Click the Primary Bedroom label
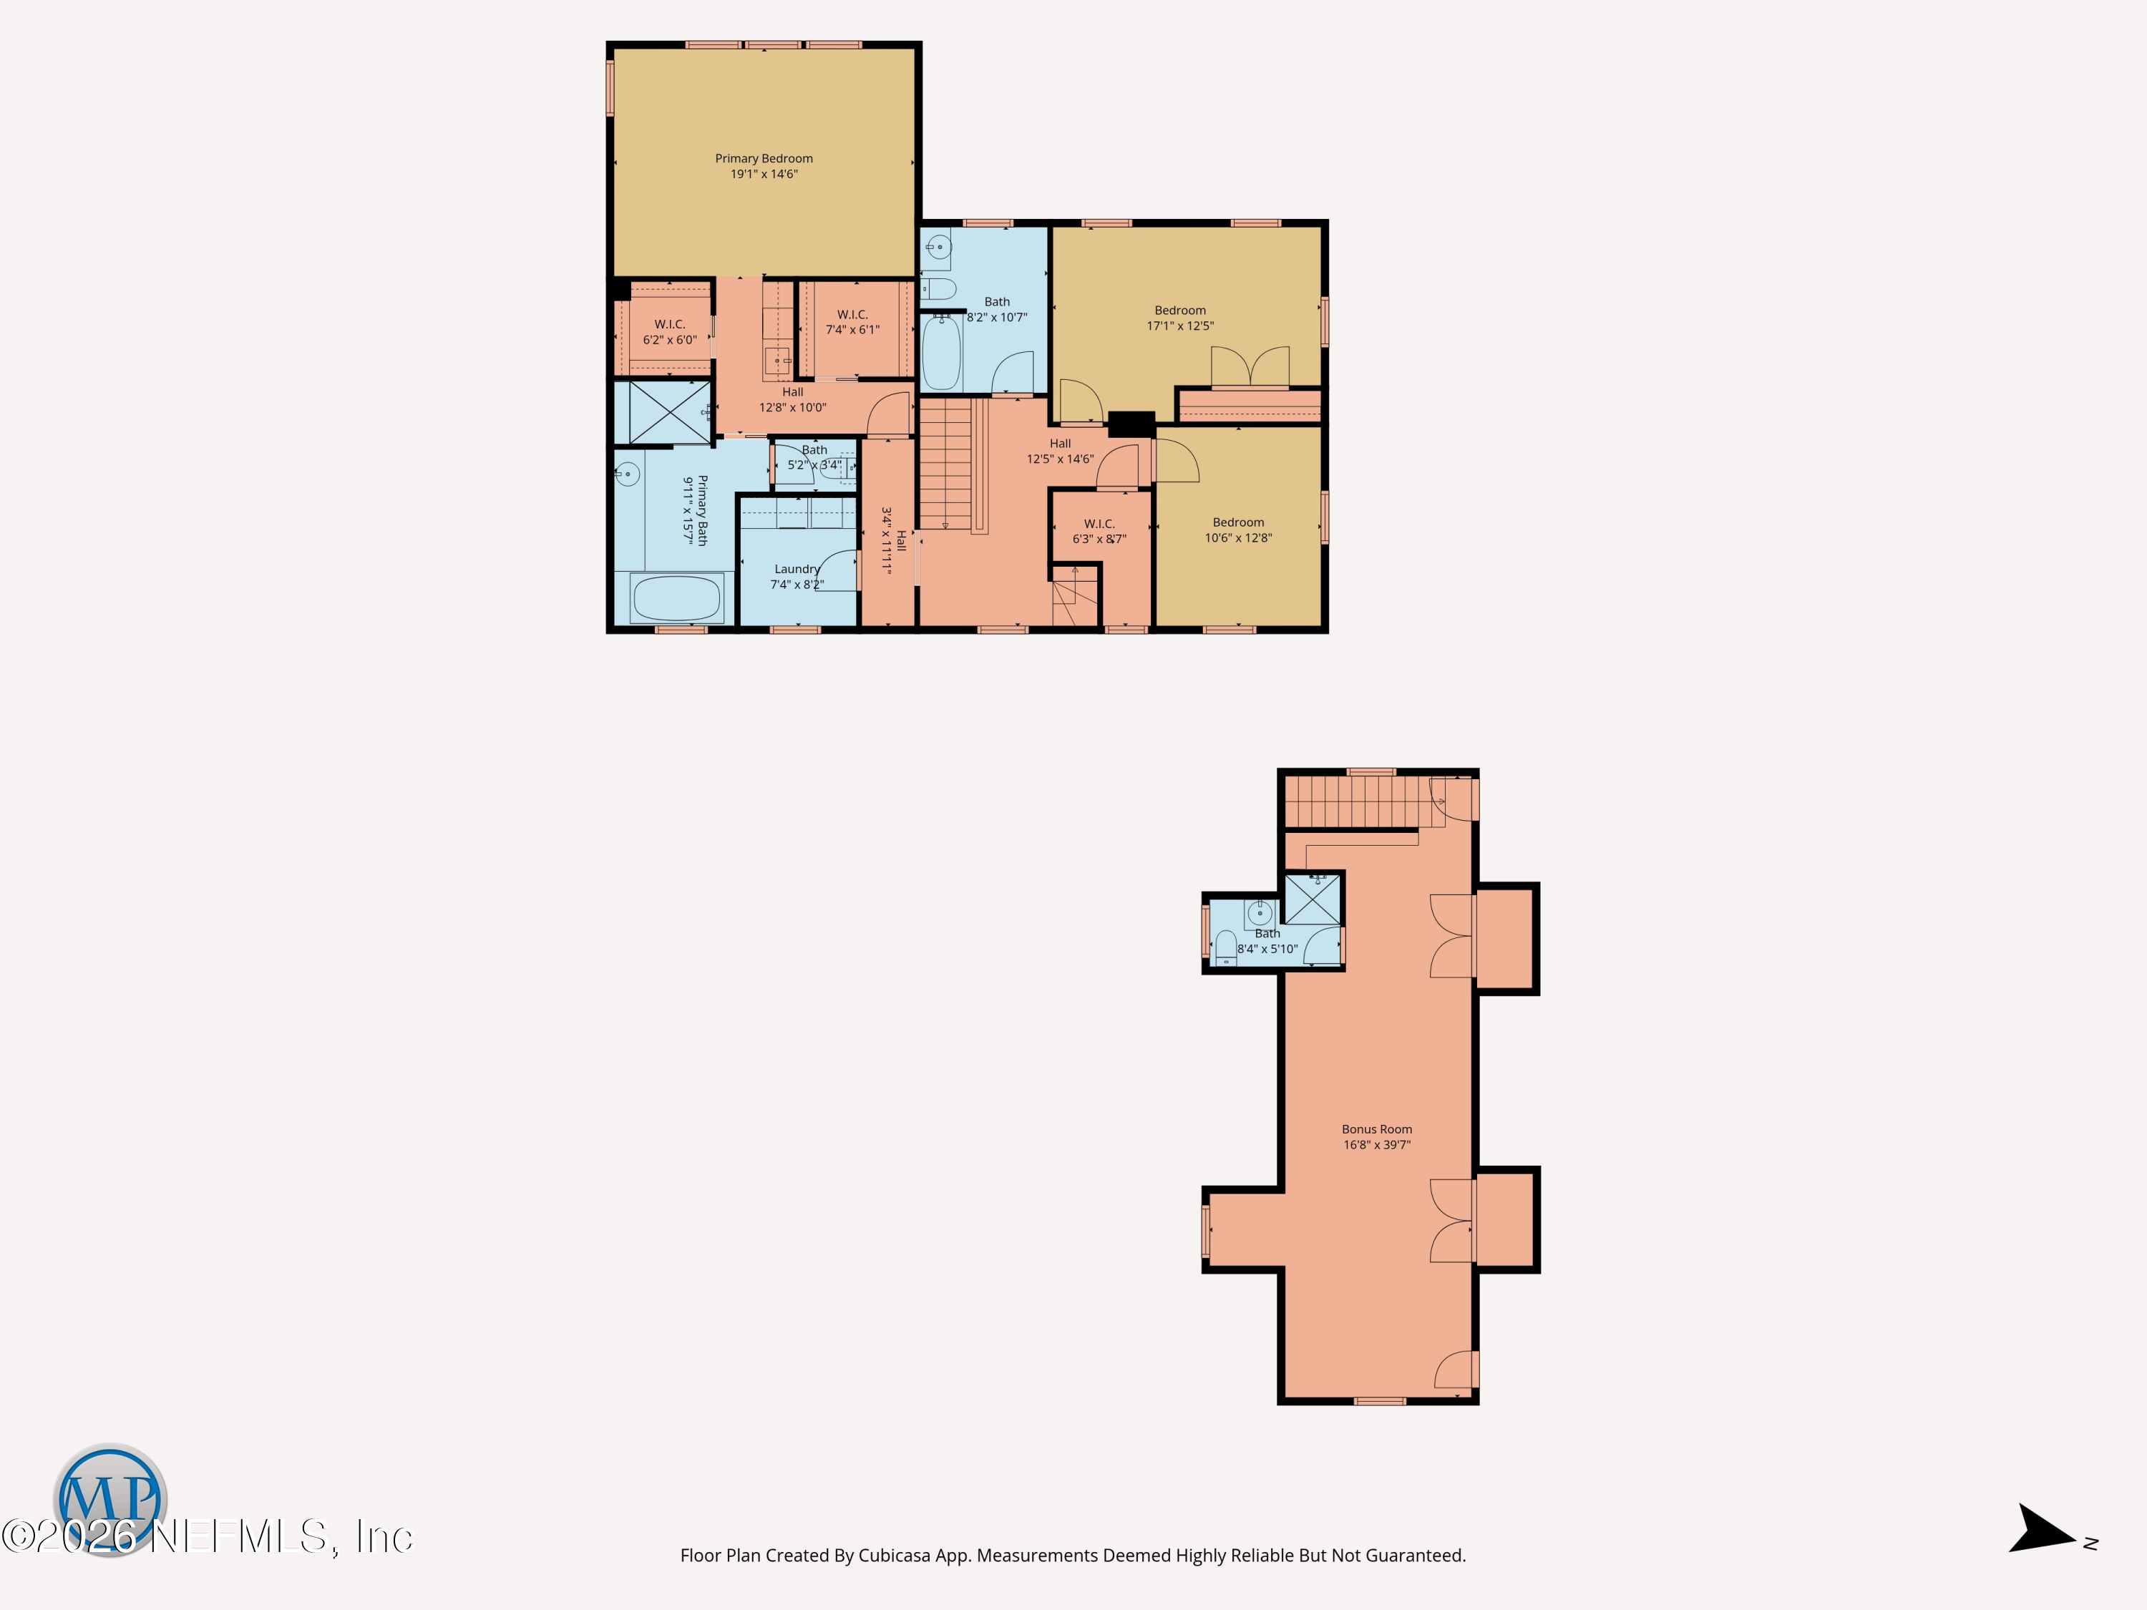pyautogui.click(x=764, y=158)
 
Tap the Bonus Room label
pyautogui.click(x=1376, y=1128)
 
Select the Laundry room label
pyautogui.click(x=797, y=569)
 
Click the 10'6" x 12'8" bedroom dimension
pyautogui.click(x=1239, y=537)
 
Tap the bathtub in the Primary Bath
pyautogui.click(x=676, y=597)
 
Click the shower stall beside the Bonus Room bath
pyautogui.click(x=1313, y=899)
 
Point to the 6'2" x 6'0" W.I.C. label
pyautogui.click(x=670, y=332)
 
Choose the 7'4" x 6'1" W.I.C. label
pyautogui.click(x=852, y=322)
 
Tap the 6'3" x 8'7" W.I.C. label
pyautogui.click(x=1099, y=531)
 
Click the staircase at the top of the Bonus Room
pyautogui.click(x=1357, y=801)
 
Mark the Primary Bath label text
pyautogui.click(x=703, y=510)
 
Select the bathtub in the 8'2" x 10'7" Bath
pyautogui.click(x=942, y=351)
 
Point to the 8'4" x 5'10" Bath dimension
pyautogui.click(x=1267, y=949)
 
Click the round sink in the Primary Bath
pyautogui.click(x=628, y=474)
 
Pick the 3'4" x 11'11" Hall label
pyautogui.click(x=894, y=540)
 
